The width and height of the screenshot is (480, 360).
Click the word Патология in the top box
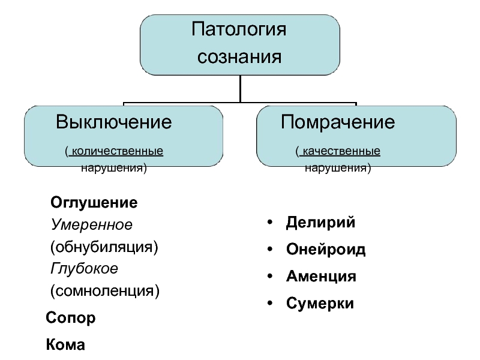[x=239, y=29]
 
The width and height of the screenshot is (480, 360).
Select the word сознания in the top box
[x=239, y=57]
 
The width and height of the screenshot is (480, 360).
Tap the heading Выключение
[x=113, y=122]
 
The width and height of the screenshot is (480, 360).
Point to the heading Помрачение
[x=338, y=122]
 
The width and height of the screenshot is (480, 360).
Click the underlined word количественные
[x=117, y=151]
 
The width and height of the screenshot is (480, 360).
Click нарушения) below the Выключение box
[x=114, y=168]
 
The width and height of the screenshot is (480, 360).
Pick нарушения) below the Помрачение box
[x=338, y=168]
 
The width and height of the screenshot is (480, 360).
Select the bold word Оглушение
[x=94, y=203]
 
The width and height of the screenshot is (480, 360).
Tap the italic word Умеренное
[x=92, y=224]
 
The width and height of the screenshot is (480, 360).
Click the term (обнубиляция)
[x=104, y=247]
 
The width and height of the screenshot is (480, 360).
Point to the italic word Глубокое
[x=84, y=269]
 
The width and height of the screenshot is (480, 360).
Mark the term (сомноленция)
[x=104, y=291]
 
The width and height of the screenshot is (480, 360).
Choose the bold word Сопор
[x=71, y=318]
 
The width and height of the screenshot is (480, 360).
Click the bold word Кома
[x=65, y=344]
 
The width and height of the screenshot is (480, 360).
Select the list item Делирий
[x=320, y=223]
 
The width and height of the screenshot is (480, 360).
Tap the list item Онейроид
[x=326, y=249]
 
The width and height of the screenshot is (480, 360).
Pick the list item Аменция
[x=321, y=277]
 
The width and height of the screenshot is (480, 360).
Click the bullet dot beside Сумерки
[x=269, y=303]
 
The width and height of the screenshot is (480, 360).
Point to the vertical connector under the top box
[x=241, y=88]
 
